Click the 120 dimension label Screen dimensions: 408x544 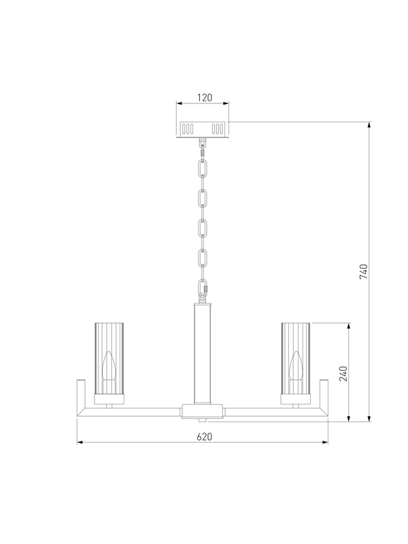point(205,98)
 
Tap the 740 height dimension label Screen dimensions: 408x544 point(363,271)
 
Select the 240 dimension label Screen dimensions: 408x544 point(343,373)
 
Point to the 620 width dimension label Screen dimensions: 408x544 point(205,437)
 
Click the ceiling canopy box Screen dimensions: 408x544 point(203,129)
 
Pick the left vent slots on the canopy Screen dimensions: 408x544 point(188,129)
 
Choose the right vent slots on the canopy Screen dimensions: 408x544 point(218,129)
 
